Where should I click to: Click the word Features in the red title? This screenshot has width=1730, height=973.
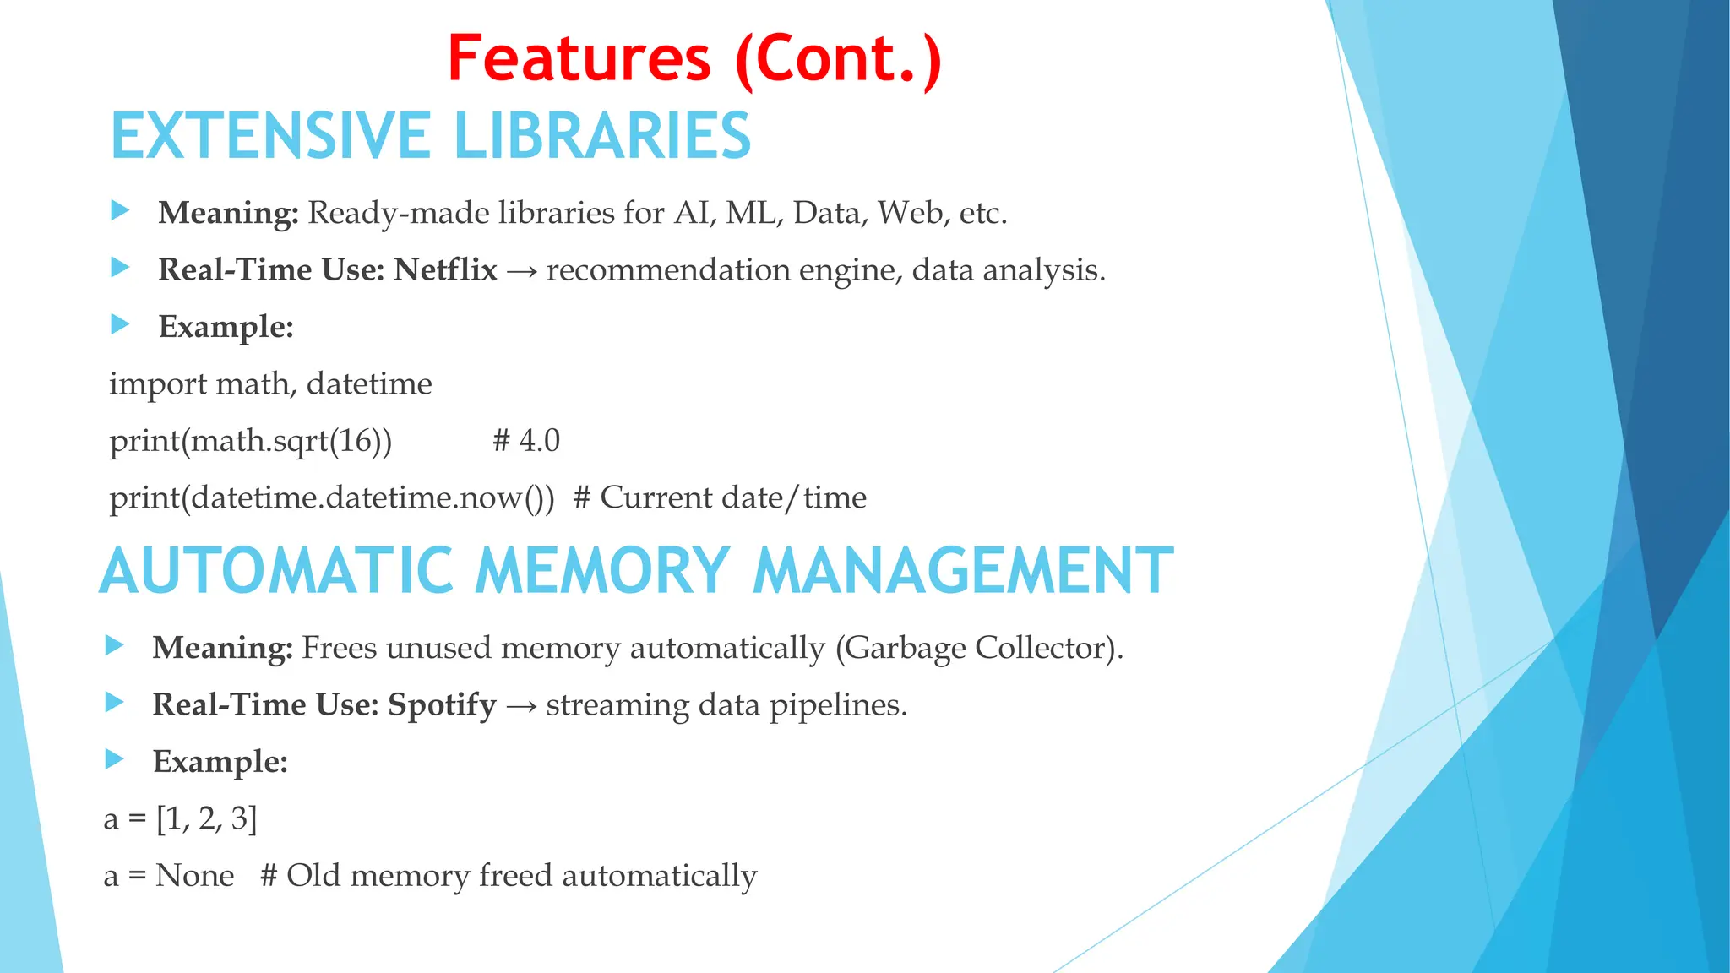(x=579, y=59)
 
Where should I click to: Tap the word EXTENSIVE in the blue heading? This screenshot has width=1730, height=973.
(x=270, y=136)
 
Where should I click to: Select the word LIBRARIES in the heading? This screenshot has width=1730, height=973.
(x=602, y=136)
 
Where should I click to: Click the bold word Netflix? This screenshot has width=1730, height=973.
(x=445, y=270)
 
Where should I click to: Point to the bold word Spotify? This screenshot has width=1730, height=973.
(x=442, y=705)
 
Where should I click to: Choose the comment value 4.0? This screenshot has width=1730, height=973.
(x=539, y=441)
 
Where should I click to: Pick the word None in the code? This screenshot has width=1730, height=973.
(x=194, y=876)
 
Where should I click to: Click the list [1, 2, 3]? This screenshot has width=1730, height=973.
(x=207, y=819)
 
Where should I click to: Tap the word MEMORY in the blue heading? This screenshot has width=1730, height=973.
(x=601, y=571)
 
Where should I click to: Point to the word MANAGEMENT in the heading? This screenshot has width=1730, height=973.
(x=963, y=571)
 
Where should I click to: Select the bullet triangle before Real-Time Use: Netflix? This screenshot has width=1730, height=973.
(x=120, y=269)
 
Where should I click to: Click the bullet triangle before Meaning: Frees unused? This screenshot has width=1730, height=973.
(x=114, y=646)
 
